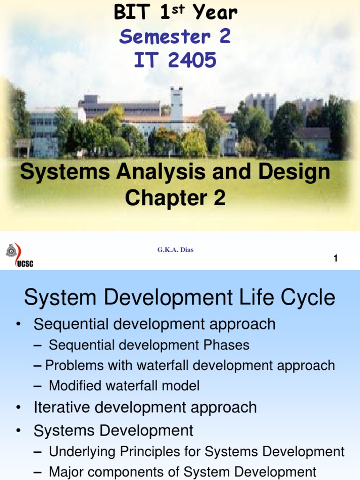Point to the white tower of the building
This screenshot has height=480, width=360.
pyautogui.click(x=176, y=104)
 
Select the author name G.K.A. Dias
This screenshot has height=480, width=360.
pyautogui.click(x=175, y=250)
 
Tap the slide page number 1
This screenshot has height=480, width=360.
pyautogui.click(x=336, y=258)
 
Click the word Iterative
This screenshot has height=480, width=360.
pyautogui.click(x=58, y=407)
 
